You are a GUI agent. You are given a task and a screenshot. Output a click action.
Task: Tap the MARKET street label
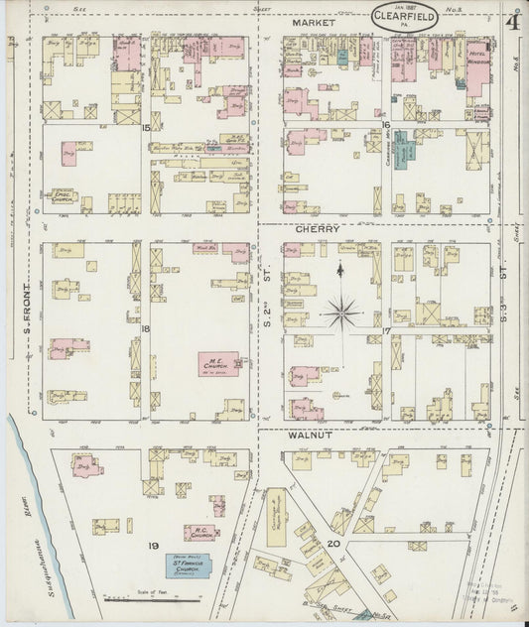pyautogui.click(x=314, y=22)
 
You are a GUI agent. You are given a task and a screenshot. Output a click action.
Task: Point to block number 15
pyautogui.click(x=146, y=128)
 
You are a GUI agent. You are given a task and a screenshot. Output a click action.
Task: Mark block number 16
pyautogui.click(x=385, y=125)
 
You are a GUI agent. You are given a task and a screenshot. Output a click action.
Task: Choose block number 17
pyautogui.click(x=385, y=330)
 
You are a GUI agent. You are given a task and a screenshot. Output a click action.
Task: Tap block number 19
pyautogui.click(x=154, y=547)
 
